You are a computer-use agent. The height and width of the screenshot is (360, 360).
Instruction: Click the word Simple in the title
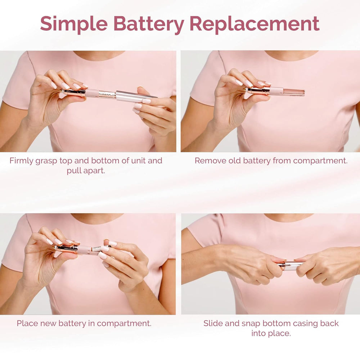point(74,24)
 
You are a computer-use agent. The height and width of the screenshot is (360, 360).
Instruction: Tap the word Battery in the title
point(148,24)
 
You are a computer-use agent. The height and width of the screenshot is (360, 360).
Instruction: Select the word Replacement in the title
point(254,24)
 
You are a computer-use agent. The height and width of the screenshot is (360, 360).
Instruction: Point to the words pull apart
point(86,171)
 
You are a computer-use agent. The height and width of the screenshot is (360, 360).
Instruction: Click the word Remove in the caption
point(210,161)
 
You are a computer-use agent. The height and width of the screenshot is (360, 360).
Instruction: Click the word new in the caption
point(49,323)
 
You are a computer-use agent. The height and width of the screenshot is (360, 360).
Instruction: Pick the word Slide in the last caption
point(213,323)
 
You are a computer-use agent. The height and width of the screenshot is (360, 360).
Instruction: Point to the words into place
point(271,333)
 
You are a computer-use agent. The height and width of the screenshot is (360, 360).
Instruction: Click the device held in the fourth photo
point(290,266)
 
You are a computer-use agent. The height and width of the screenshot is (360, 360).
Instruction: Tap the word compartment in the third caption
point(125,323)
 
